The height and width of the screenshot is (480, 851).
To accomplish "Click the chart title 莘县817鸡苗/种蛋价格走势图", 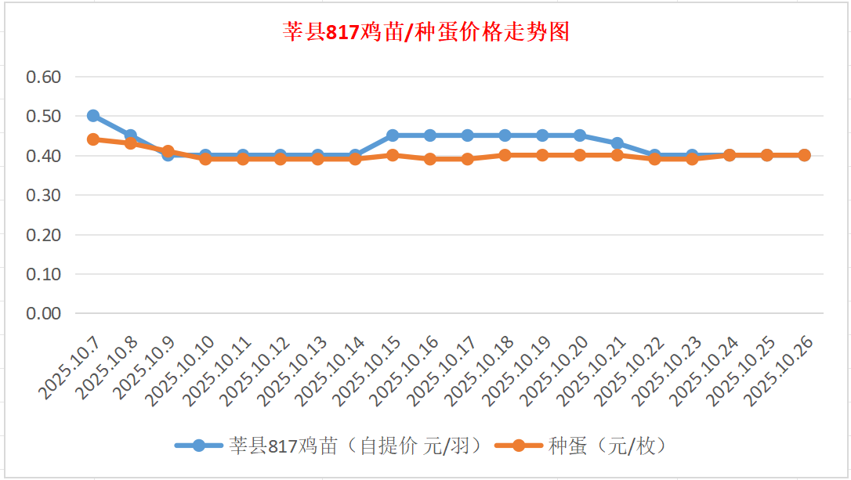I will tap(426, 32).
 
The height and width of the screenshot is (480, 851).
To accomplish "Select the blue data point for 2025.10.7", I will tap(93, 116).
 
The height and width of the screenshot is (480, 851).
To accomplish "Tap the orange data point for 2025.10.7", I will tap(93, 139).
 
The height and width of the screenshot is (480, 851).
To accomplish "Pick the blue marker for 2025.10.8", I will tap(131, 135).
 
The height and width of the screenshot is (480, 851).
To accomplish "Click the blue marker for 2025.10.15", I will tap(393, 135).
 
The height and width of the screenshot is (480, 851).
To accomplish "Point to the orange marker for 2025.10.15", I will tap(393, 155).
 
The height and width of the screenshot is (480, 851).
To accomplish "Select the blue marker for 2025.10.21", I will tap(617, 143).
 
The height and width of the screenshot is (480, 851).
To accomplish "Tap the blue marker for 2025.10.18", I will tap(505, 135).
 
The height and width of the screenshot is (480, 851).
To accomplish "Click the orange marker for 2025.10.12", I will tap(281, 159).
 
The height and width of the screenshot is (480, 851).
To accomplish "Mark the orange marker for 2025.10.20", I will tap(580, 155).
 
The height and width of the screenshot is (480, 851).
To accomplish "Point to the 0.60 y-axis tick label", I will tap(44, 77).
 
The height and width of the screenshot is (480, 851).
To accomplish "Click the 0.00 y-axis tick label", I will tap(44, 313).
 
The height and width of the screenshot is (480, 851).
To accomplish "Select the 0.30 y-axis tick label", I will tap(44, 195).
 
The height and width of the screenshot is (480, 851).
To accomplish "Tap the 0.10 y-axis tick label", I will tap(44, 274).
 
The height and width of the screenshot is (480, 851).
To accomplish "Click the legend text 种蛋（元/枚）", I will tap(607, 446).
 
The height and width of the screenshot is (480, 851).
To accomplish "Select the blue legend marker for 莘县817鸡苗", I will tap(199, 446).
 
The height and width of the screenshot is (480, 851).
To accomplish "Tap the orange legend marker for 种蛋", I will tap(518, 446).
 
